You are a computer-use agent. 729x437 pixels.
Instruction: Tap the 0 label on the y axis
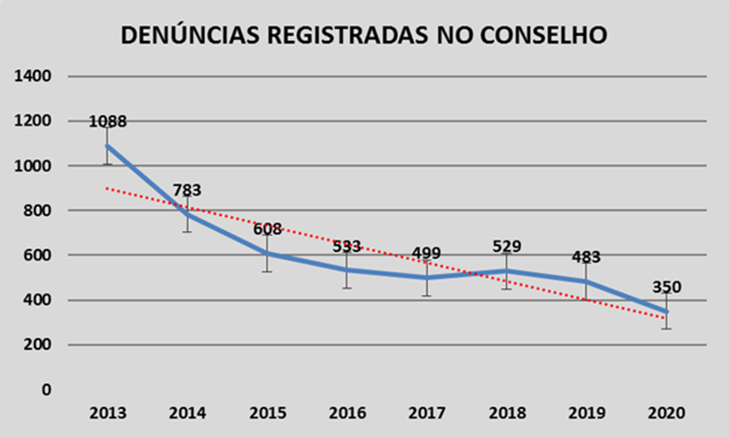point(45,390)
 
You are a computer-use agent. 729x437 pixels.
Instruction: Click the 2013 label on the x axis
point(107,413)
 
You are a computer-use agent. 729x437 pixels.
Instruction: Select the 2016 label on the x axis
point(346,413)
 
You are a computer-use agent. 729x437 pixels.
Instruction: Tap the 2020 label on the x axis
point(666,413)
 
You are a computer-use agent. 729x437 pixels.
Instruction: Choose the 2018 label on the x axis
point(506,413)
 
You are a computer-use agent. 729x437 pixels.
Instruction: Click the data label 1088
point(108,122)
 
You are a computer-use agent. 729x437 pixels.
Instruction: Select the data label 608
point(267,229)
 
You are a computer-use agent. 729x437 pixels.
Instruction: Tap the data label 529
point(506,247)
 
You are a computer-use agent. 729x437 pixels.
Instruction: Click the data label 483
point(586,257)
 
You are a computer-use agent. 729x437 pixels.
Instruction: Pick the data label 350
point(666,286)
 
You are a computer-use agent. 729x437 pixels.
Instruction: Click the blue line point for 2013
point(107,146)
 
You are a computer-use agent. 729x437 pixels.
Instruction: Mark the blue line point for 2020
point(666,311)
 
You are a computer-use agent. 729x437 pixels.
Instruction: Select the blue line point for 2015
point(267,254)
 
